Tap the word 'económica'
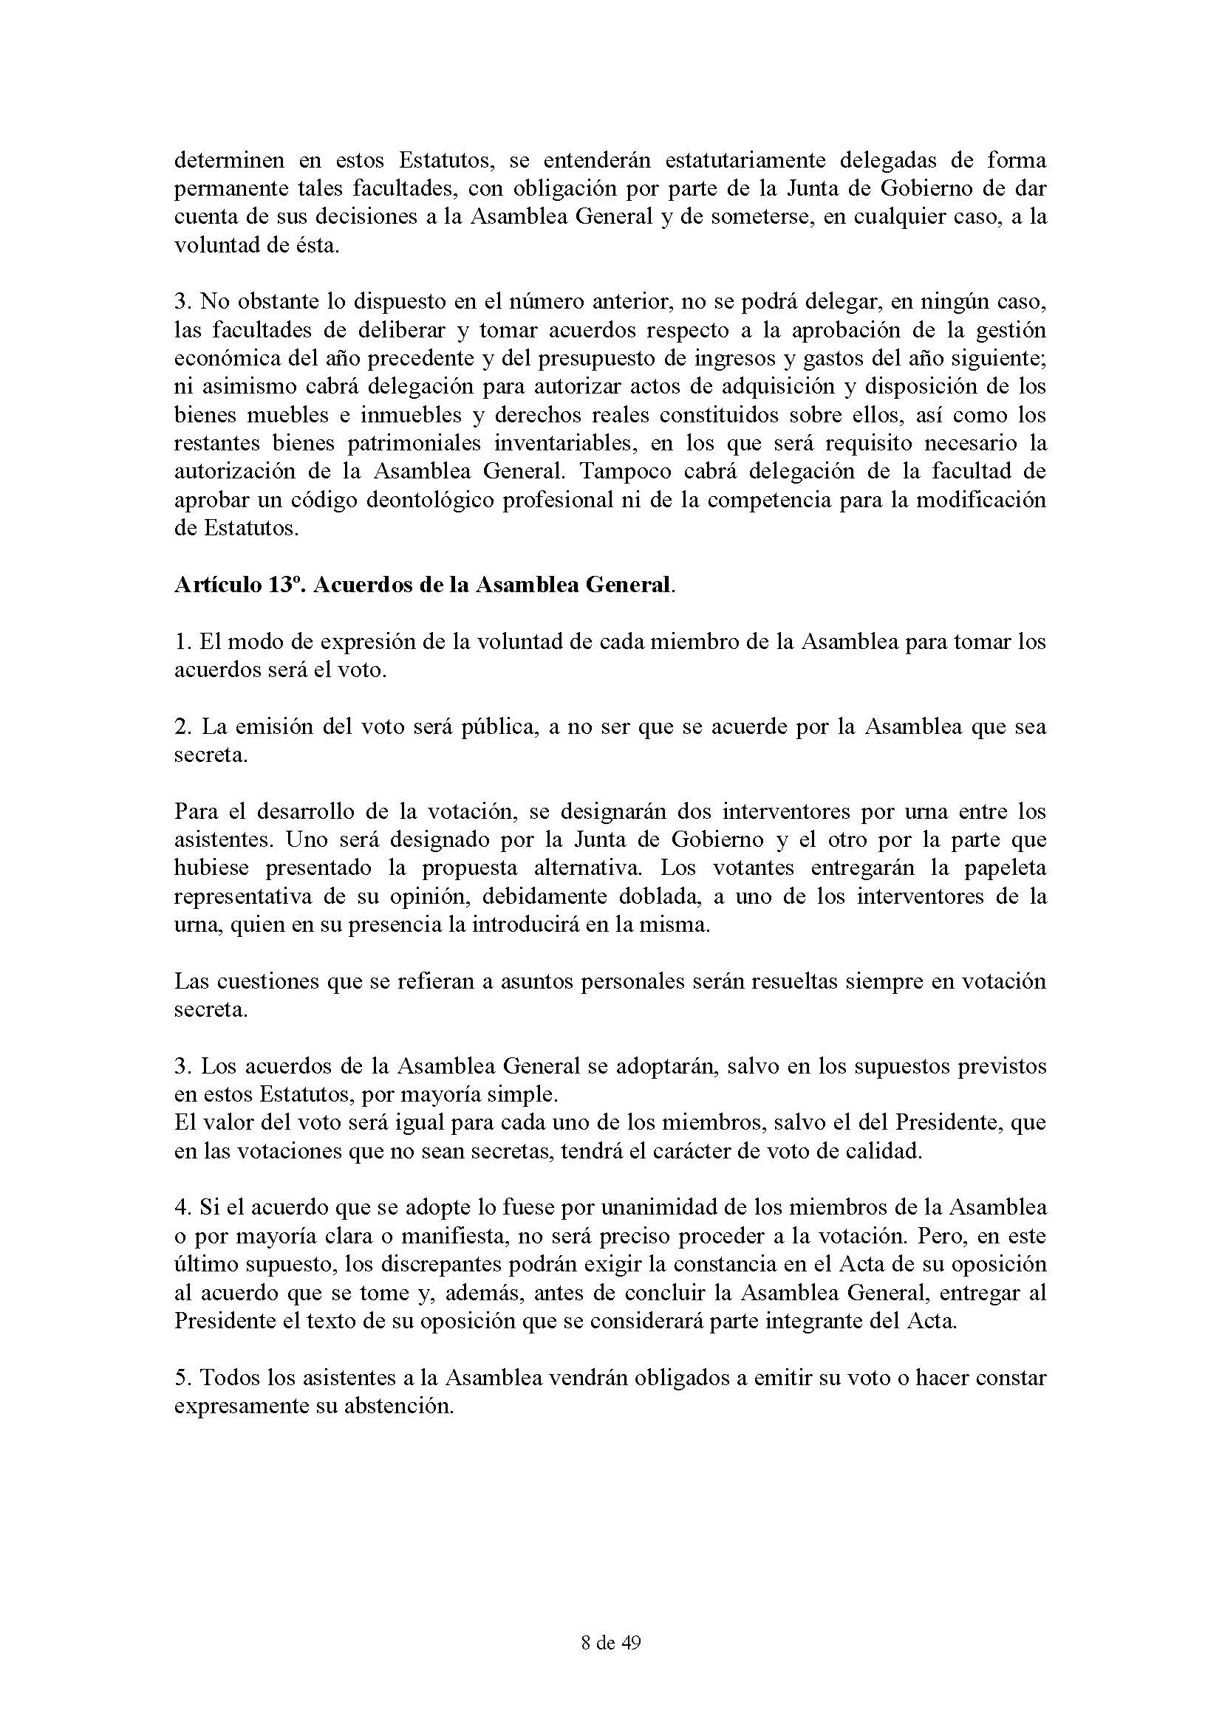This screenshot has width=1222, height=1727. point(227,358)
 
